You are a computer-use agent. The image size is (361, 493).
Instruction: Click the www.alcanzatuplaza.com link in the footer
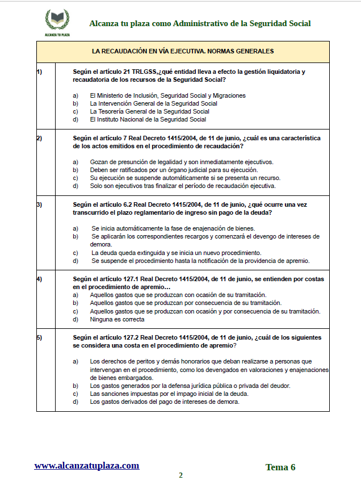[86, 466]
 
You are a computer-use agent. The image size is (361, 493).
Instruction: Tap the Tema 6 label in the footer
[280, 467]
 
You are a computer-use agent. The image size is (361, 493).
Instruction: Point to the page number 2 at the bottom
[180, 475]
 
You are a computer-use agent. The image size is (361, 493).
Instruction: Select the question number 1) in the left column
[39, 72]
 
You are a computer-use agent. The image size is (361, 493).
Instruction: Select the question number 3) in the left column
[39, 204]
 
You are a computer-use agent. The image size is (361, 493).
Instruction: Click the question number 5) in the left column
[39, 337]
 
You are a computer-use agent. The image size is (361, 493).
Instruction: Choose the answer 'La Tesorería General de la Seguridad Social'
[149, 111]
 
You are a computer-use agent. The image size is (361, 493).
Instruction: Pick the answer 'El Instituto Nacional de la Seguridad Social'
[148, 119]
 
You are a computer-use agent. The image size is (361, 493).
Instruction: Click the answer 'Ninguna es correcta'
[117, 319]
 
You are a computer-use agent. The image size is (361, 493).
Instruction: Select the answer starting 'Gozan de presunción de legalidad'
[181, 162]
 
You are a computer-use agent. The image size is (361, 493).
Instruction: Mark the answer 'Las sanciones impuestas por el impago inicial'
[169, 394]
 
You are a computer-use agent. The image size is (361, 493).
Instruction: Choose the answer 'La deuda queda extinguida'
[176, 253]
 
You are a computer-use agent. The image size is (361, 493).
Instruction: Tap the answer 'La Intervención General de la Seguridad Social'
[153, 103]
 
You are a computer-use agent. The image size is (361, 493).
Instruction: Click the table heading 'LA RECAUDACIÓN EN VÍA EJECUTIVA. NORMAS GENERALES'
[183, 51]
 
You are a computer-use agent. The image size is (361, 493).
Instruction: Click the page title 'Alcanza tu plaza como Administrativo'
[200, 23]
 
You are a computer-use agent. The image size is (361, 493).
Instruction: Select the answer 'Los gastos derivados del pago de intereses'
[165, 402]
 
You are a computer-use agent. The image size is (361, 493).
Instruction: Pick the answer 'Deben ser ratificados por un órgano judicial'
[174, 170]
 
